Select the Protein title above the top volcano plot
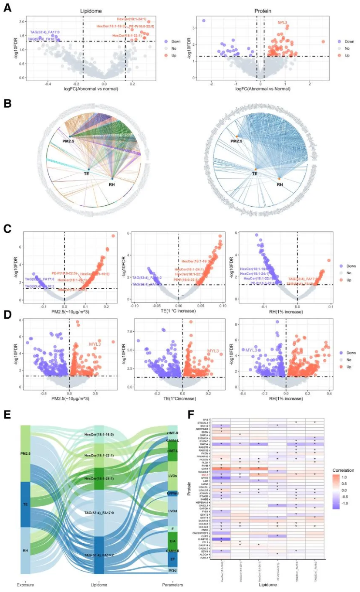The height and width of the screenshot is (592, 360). (267, 10)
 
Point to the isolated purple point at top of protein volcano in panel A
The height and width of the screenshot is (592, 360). (203, 21)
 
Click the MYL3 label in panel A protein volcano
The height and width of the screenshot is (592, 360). (283, 23)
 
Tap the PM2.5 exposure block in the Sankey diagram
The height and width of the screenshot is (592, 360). (25, 453)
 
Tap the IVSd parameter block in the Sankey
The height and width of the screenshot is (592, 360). (172, 571)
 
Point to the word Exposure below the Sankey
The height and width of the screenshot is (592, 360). (25, 586)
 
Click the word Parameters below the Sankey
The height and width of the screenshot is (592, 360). (172, 586)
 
